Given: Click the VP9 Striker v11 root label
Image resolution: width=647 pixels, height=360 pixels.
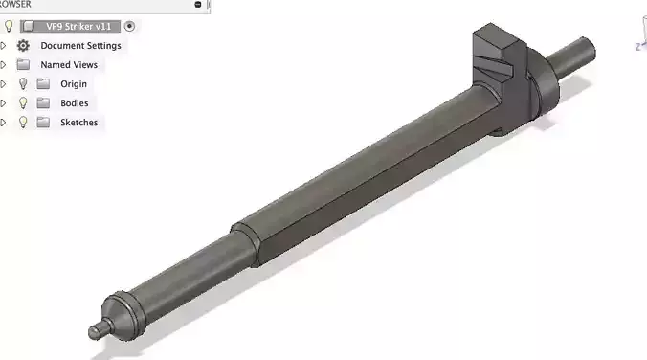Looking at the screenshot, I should tap(78, 26).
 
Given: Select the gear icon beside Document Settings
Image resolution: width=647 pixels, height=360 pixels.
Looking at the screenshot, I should tap(24, 45).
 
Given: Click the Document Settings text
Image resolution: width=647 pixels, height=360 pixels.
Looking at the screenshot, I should tap(80, 45).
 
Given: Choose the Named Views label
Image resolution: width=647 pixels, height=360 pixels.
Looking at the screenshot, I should tap(69, 64).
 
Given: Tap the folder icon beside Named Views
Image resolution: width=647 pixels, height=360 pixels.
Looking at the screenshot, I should tap(24, 64).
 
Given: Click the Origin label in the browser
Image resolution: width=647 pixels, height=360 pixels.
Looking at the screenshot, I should tap(74, 83).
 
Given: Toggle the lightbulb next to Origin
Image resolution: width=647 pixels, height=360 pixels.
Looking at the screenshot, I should tap(24, 83).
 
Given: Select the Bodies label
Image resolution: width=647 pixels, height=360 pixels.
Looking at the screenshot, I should tap(75, 102).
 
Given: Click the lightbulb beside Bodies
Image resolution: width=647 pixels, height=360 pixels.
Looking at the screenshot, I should tap(24, 102).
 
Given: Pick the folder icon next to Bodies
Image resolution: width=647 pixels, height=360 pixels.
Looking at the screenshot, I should tap(43, 102).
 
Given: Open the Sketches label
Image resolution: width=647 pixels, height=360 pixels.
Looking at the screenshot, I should tap(78, 122).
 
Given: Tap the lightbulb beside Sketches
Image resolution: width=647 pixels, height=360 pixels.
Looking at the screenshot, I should tap(24, 122).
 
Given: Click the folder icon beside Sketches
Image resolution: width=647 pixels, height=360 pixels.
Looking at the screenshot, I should tap(43, 122).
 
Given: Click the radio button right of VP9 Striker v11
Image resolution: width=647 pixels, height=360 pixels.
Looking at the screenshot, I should tap(130, 26).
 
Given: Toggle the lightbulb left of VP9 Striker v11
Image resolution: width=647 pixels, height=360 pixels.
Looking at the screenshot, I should tap(10, 26).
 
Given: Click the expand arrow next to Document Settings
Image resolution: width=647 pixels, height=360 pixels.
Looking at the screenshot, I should tap(4, 45).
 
